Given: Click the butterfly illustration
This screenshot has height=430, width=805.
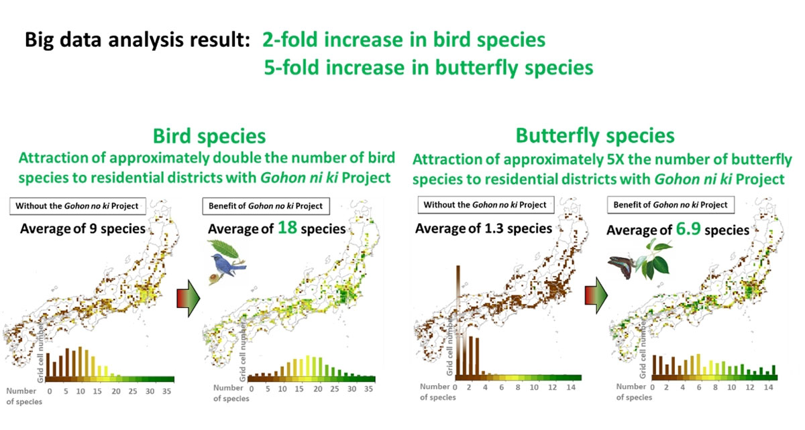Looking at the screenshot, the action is tap(621, 266).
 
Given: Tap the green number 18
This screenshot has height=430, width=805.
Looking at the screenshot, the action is tap(288, 228).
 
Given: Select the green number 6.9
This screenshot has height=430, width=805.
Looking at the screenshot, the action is tap(688, 228).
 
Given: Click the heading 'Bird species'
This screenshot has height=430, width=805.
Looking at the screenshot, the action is tap(209, 137).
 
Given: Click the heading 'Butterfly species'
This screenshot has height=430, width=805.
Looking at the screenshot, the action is tap(595, 136).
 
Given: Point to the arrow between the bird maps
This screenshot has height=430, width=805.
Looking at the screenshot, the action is tap(189, 298).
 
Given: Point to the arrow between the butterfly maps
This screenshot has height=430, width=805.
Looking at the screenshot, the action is tap(596, 295).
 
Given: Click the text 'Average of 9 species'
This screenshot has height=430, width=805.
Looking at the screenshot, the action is tap(83, 228).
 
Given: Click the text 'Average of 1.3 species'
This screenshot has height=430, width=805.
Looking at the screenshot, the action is tap(484, 228).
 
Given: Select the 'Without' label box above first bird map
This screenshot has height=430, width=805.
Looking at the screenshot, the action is tap(78, 206).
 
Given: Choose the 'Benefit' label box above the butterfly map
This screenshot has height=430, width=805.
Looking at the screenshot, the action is tap(671, 205).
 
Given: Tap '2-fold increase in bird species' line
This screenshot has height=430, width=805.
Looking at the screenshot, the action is tap(404, 40).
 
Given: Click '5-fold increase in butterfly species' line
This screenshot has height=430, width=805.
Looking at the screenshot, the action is tap(429, 68).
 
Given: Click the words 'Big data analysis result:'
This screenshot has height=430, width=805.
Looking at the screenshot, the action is tap(138, 40).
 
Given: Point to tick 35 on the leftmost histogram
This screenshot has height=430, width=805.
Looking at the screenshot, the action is tap(166, 391).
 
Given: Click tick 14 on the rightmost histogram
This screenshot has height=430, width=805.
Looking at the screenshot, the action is tap(768, 387).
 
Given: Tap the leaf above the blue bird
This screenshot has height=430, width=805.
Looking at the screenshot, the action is tap(225, 248).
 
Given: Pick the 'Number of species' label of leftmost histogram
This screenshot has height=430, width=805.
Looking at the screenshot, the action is tap(23, 397).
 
